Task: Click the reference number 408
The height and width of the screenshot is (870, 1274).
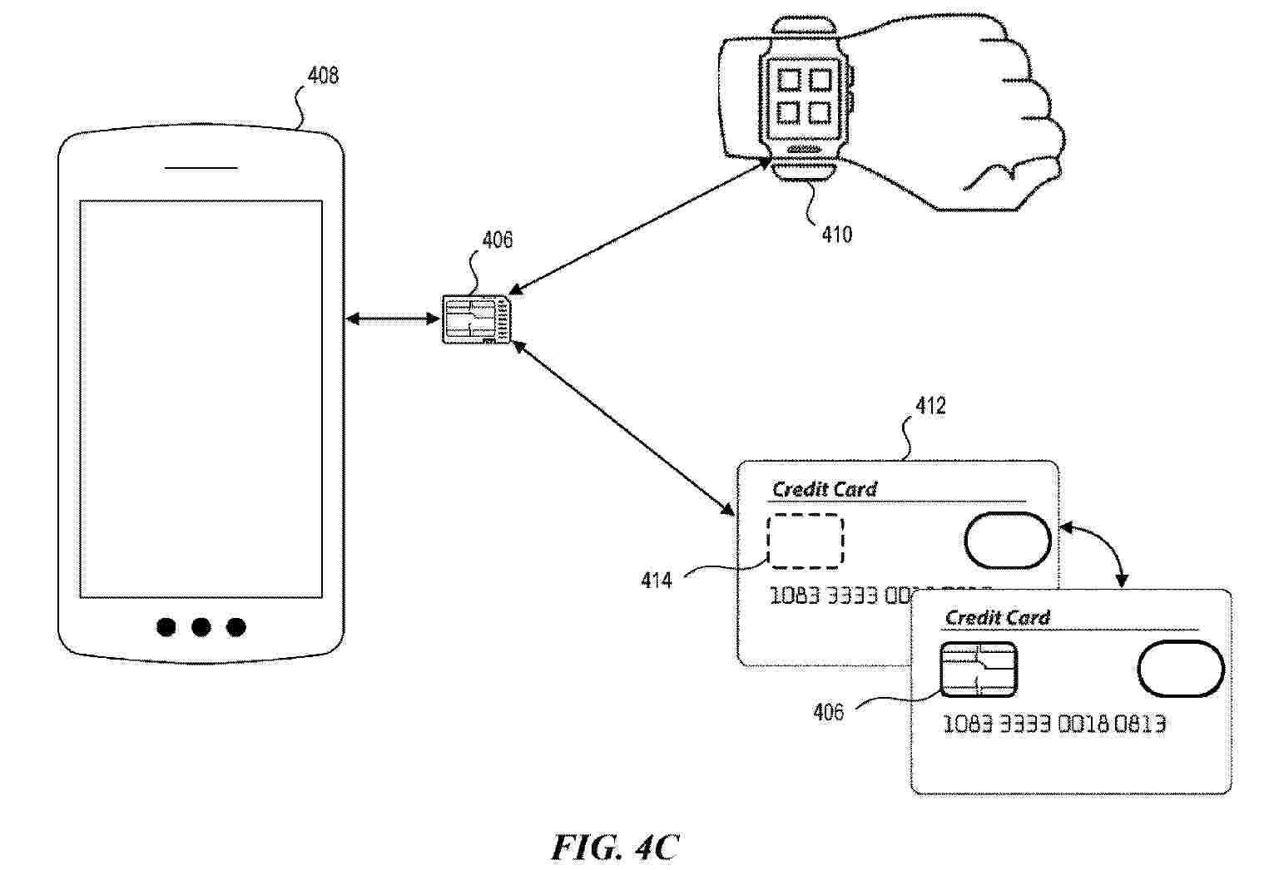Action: (323, 76)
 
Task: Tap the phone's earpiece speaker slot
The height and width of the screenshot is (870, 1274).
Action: (201, 168)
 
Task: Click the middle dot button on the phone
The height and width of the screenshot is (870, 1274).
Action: (201, 627)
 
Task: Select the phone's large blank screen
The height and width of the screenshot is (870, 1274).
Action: (201, 398)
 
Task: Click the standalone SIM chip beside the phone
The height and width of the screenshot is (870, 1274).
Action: (477, 319)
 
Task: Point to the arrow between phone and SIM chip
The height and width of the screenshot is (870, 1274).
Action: (393, 318)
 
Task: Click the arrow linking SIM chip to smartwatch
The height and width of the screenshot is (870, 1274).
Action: (639, 225)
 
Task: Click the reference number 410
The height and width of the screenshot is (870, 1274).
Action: (836, 235)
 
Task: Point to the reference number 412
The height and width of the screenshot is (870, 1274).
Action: (930, 406)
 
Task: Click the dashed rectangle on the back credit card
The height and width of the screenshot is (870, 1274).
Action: (805, 541)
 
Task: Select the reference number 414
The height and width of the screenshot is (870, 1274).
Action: (657, 580)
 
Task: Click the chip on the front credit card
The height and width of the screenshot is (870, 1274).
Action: (978, 670)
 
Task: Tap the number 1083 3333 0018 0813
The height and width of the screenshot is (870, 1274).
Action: (1053, 724)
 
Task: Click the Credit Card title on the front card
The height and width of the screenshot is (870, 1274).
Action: (997, 617)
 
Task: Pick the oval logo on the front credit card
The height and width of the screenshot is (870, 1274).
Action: (1180, 669)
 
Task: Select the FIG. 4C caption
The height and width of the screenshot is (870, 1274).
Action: (615, 847)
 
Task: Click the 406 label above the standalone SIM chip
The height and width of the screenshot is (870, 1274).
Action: (498, 240)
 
